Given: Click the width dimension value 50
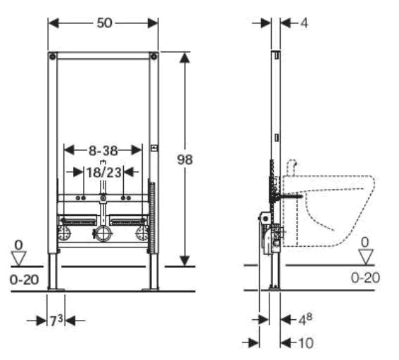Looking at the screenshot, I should (x=105, y=22).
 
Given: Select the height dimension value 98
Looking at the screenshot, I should (x=185, y=159).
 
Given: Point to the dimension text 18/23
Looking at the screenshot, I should (x=103, y=170).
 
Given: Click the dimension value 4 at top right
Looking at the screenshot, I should (x=303, y=22).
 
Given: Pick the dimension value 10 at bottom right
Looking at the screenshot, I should (x=304, y=342).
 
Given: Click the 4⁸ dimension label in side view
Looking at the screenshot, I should (x=304, y=319).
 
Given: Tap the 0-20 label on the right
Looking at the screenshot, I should (x=365, y=278).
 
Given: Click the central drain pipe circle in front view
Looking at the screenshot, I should (x=103, y=233).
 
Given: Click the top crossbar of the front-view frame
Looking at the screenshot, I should (x=103, y=54).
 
